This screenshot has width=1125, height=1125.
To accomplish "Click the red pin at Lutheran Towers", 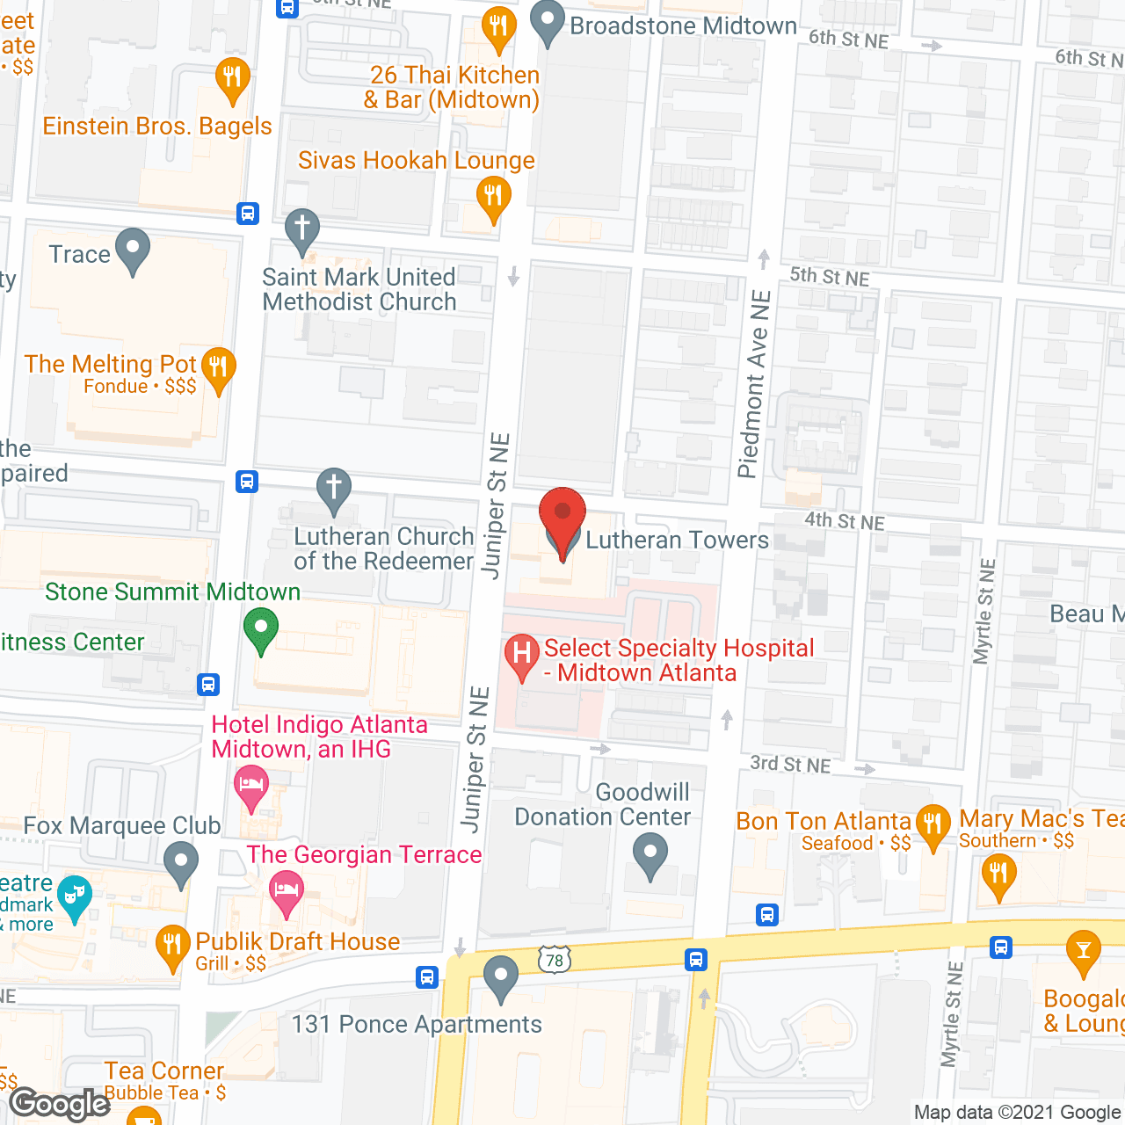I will point(562,514).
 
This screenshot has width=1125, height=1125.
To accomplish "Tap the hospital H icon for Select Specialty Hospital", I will point(521,653).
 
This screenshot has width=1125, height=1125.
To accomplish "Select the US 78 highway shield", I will point(555,960).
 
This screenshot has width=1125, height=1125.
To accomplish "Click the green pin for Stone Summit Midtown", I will point(260,629).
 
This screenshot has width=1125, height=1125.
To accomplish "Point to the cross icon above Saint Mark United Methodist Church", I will point(301,229).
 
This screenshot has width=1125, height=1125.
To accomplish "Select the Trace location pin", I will point(133,249).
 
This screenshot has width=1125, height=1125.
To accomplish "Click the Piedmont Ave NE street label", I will point(753,384).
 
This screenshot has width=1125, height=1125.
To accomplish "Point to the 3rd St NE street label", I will point(789,764).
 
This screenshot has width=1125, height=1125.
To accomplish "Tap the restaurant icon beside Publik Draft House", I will point(172,945).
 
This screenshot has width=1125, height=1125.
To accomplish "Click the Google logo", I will point(60,1104).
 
